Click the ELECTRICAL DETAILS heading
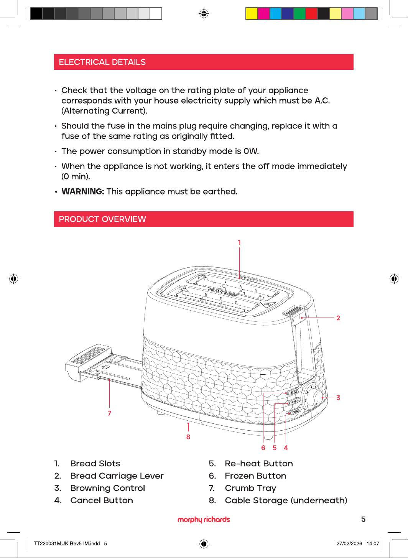pyautogui.click(x=102, y=62)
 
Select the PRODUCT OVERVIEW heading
pyautogui.click(x=102, y=219)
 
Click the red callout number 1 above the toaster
pyautogui.click(x=239, y=243)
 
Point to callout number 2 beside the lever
pyautogui.click(x=338, y=318)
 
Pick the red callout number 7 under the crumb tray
pyautogui.click(x=109, y=413)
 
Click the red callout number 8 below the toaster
pyautogui.click(x=188, y=437)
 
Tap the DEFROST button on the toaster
pyautogui.click(x=293, y=391)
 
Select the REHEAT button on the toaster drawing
pyautogui.click(x=294, y=401)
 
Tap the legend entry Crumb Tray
pyautogui.click(x=250, y=488)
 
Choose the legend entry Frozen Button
pyautogui.click(x=255, y=476)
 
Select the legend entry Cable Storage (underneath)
pyautogui.click(x=286, y=500)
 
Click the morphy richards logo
pyautogui.click(x=204, y=520)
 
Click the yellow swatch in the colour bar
pyautogui.click(x=251, y=13)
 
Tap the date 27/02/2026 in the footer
pyautogui.click(x=349, y=543)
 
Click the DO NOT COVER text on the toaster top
pyautogui.click(x=223, y=293)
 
